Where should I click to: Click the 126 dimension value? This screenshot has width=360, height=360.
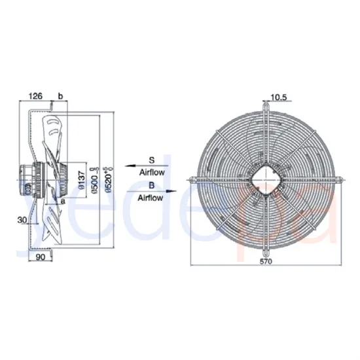(x=37, y=96)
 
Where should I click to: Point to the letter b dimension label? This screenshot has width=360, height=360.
(x=60, y=96)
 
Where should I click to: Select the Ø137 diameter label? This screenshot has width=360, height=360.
(x=82, y=177)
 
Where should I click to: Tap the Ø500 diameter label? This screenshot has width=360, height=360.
(x=94, y=177)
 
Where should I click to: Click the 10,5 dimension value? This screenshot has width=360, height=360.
(x=279, y=99)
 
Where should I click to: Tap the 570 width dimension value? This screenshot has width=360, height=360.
(x=266, y=262)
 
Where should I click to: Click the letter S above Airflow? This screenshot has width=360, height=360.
(x=151, y=159)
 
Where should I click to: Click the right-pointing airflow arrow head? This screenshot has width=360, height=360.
(x=174, y=191)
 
